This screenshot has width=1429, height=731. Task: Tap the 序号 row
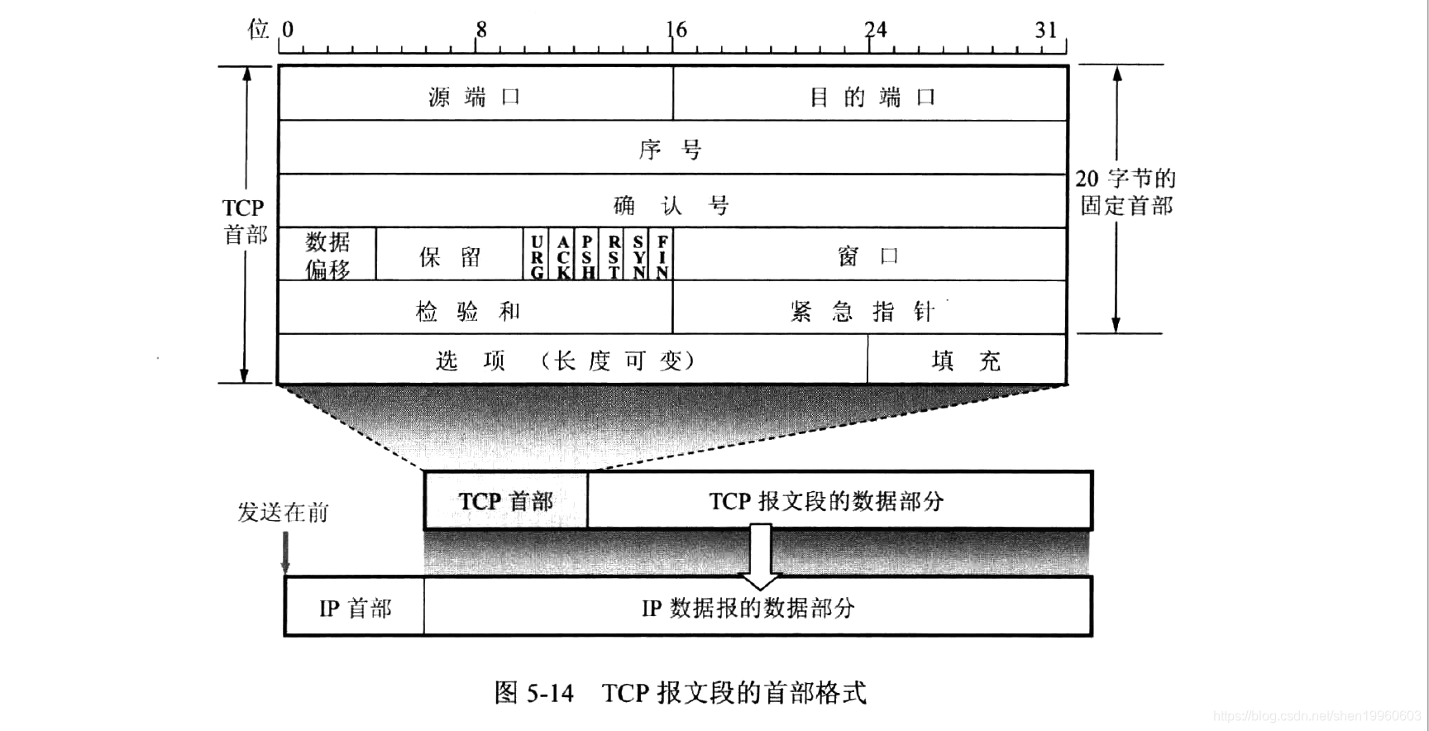[x=671, y=149]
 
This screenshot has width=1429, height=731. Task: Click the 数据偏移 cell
[x=327, y=255]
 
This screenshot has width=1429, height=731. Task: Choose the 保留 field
[x=450, y=256]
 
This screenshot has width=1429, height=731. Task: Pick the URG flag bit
[x=538, y=256]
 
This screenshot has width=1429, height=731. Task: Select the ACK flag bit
[x=563, y=256]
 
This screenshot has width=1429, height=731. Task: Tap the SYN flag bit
[x=638, y=256]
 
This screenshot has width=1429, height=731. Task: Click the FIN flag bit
[x=662, y=256]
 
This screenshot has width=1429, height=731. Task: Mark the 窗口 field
[x=870, y=256]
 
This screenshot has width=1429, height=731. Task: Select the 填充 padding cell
[x=967, y=360]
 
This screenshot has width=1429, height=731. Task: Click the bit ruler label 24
[x=875, y=30]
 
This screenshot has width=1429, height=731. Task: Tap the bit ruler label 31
[x=1046, y=30]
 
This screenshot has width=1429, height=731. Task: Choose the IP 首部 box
[x=355, y=608]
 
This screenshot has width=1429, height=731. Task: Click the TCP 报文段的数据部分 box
[x=827, y=500]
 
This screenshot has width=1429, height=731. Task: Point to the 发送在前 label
[x=283, y=512]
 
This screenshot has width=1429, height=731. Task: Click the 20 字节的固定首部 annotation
[x=1126, y=192]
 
